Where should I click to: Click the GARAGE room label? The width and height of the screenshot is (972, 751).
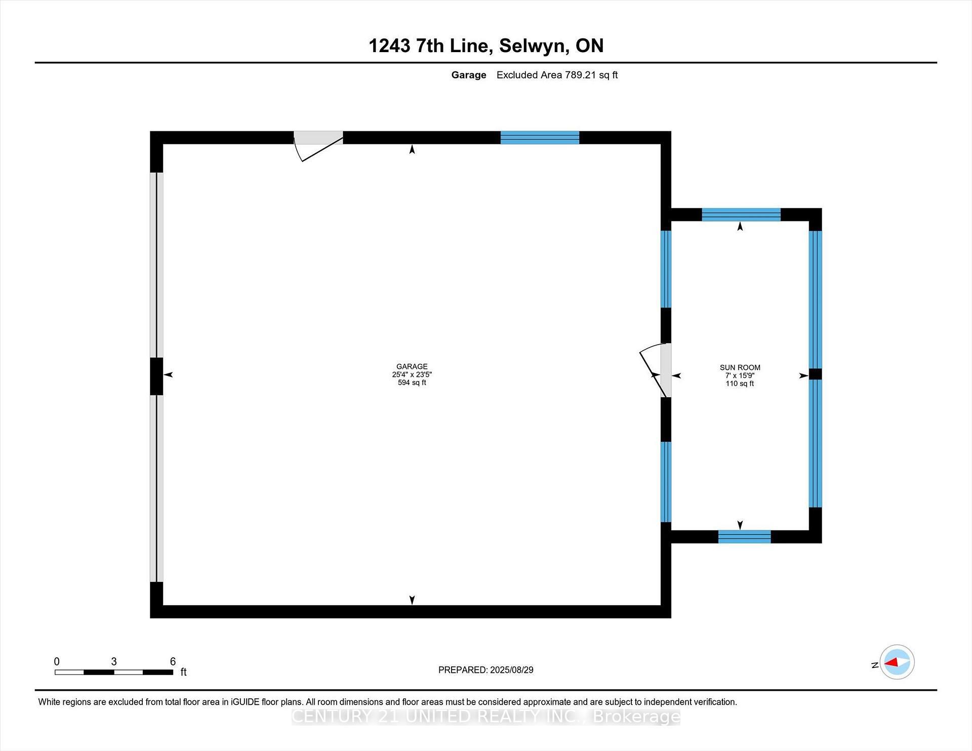412,366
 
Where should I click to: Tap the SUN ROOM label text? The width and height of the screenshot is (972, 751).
740,367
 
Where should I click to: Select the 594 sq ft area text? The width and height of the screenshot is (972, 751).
412,383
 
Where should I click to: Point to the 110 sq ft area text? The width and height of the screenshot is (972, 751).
740,384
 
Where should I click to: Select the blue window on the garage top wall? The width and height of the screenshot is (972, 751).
540,138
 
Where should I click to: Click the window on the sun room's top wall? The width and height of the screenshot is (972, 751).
741,215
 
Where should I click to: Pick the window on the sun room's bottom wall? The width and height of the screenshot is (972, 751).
744,536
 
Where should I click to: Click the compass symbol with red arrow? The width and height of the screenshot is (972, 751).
897,662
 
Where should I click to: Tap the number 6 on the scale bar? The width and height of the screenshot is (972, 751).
173,661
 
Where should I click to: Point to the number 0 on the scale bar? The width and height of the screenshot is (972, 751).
57,661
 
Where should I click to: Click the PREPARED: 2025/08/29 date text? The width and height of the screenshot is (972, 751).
485,670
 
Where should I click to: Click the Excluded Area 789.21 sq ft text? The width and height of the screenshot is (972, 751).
557,75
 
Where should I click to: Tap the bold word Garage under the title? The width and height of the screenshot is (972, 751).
468,75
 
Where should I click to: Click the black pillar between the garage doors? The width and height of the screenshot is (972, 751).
156,376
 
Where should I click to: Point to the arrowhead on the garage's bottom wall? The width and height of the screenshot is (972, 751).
412,600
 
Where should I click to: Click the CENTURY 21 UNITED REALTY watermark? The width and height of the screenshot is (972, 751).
485,717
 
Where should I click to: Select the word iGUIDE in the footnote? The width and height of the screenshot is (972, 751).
245,702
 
